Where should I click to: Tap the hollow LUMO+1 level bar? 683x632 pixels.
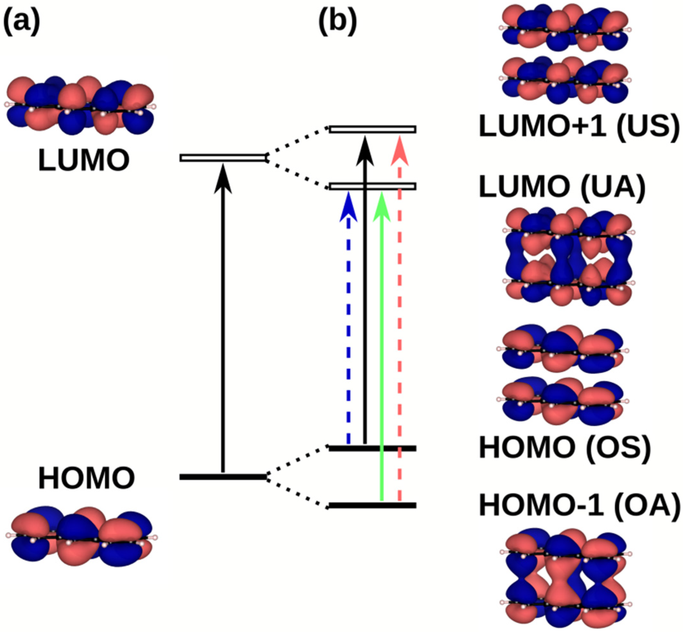[372, 129]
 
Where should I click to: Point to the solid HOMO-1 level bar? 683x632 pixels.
[372, 505]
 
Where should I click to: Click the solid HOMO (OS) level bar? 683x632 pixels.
[372, 448]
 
